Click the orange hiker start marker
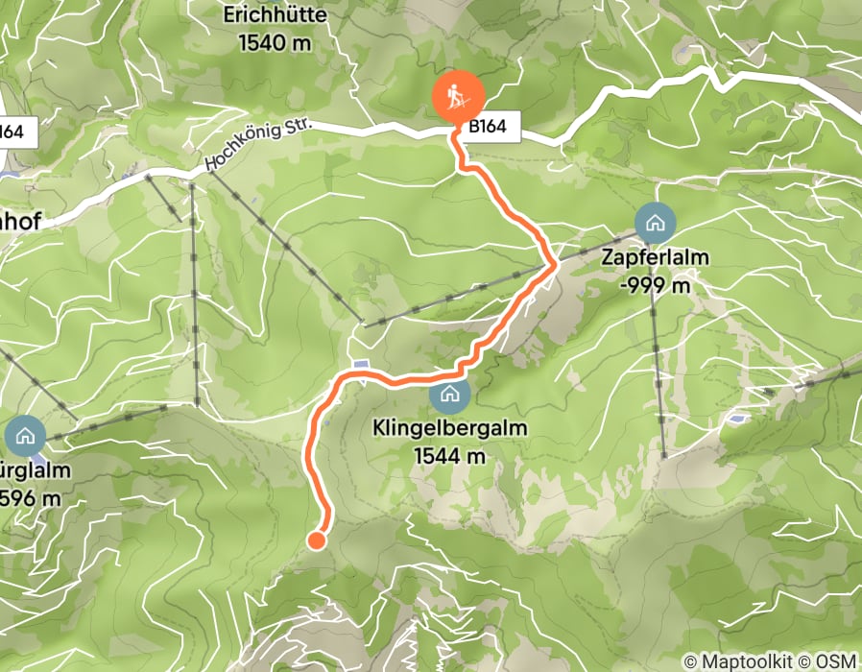458,96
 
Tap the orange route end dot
316,541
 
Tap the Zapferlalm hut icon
656,225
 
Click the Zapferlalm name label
656,258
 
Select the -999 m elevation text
656,285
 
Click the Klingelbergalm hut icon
449,394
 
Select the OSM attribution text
834,660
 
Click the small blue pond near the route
360,364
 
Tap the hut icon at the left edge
24,436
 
